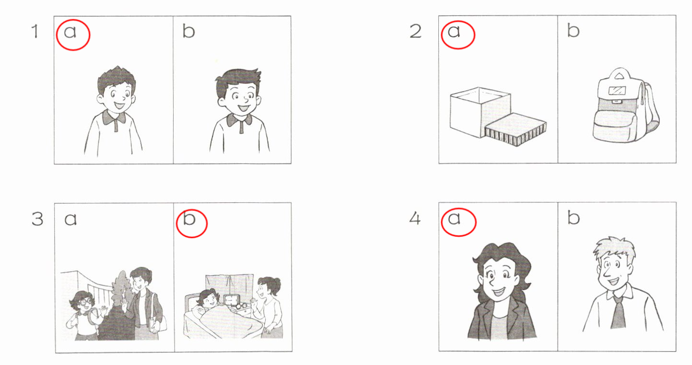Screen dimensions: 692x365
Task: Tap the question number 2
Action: (x=415, y=32)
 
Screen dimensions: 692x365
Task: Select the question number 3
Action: (x=37, y=219)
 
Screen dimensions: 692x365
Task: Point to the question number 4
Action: (x=415, y=219)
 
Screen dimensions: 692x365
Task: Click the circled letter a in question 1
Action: (x=70, y=32)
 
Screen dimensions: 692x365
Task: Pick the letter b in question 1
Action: (x=189, y=31)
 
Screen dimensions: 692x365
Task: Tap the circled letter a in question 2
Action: (x=454, y=31)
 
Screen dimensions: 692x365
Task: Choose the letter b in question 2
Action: (x=574, y=31)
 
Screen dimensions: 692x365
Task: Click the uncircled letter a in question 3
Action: (x=70, y=219)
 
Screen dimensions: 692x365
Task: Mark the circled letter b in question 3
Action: (x=189, y=218)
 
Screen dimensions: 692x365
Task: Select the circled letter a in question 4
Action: (x=454, y=218)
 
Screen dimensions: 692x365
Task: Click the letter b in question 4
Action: (x=574, y=218)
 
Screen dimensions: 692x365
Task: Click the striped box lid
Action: (x=516, y=129)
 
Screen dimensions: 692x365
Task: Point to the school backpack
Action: (x=625, y=105)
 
